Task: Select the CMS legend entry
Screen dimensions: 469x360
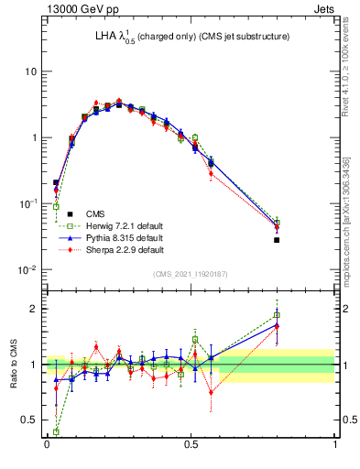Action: (x=95, y=215)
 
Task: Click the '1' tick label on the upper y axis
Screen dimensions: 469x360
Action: (x=35, y=137)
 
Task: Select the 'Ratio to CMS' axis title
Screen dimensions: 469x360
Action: (x=13, y=365)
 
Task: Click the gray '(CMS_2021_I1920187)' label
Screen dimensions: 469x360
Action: (x=191, y=275)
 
